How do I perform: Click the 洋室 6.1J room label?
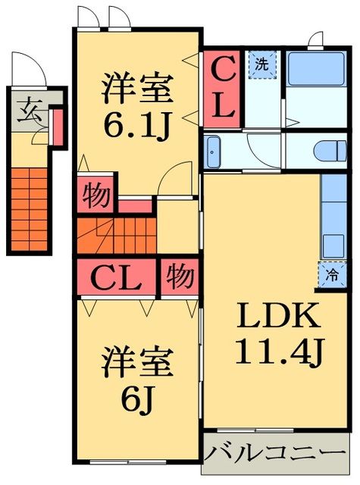pos(138,108)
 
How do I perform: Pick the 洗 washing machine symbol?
pos(261,65)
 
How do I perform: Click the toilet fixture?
pos(332,149)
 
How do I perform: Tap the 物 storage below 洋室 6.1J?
pos(95,195)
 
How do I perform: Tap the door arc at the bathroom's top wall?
pos(315,39)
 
